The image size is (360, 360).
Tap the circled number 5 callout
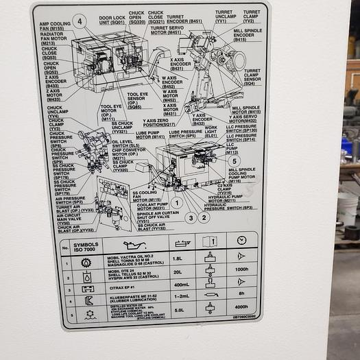pos(234,160)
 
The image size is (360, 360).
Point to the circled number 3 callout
pos(191,217)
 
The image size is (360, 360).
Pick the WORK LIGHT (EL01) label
pos(211,132)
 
